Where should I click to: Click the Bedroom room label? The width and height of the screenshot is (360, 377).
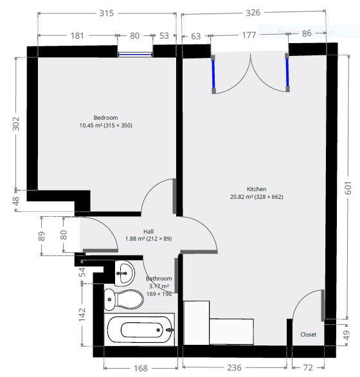[105, 118]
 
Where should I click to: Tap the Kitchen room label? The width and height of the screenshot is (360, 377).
[256, 189]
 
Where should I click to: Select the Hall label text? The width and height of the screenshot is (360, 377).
[148, 231]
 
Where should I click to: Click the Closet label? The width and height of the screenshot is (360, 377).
[309, 335]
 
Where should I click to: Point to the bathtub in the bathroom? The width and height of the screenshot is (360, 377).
[139, 330]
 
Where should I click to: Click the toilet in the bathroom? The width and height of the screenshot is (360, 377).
[123, 299]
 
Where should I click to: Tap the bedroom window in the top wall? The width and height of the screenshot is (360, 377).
[135, 55]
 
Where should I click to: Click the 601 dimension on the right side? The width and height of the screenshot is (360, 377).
[348, 187]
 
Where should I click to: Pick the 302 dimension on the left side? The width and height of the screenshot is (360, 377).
[16, 124]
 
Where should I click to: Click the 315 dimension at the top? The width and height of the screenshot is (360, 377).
[107, 14]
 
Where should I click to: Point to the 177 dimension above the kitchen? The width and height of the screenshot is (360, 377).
[250, 35]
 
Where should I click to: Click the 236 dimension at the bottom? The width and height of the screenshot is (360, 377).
[235, 367]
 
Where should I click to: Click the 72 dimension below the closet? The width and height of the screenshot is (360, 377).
[308, 367]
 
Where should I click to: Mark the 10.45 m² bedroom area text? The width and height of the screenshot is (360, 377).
[105, 125]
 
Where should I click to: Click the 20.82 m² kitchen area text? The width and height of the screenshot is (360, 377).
[256, 197]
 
